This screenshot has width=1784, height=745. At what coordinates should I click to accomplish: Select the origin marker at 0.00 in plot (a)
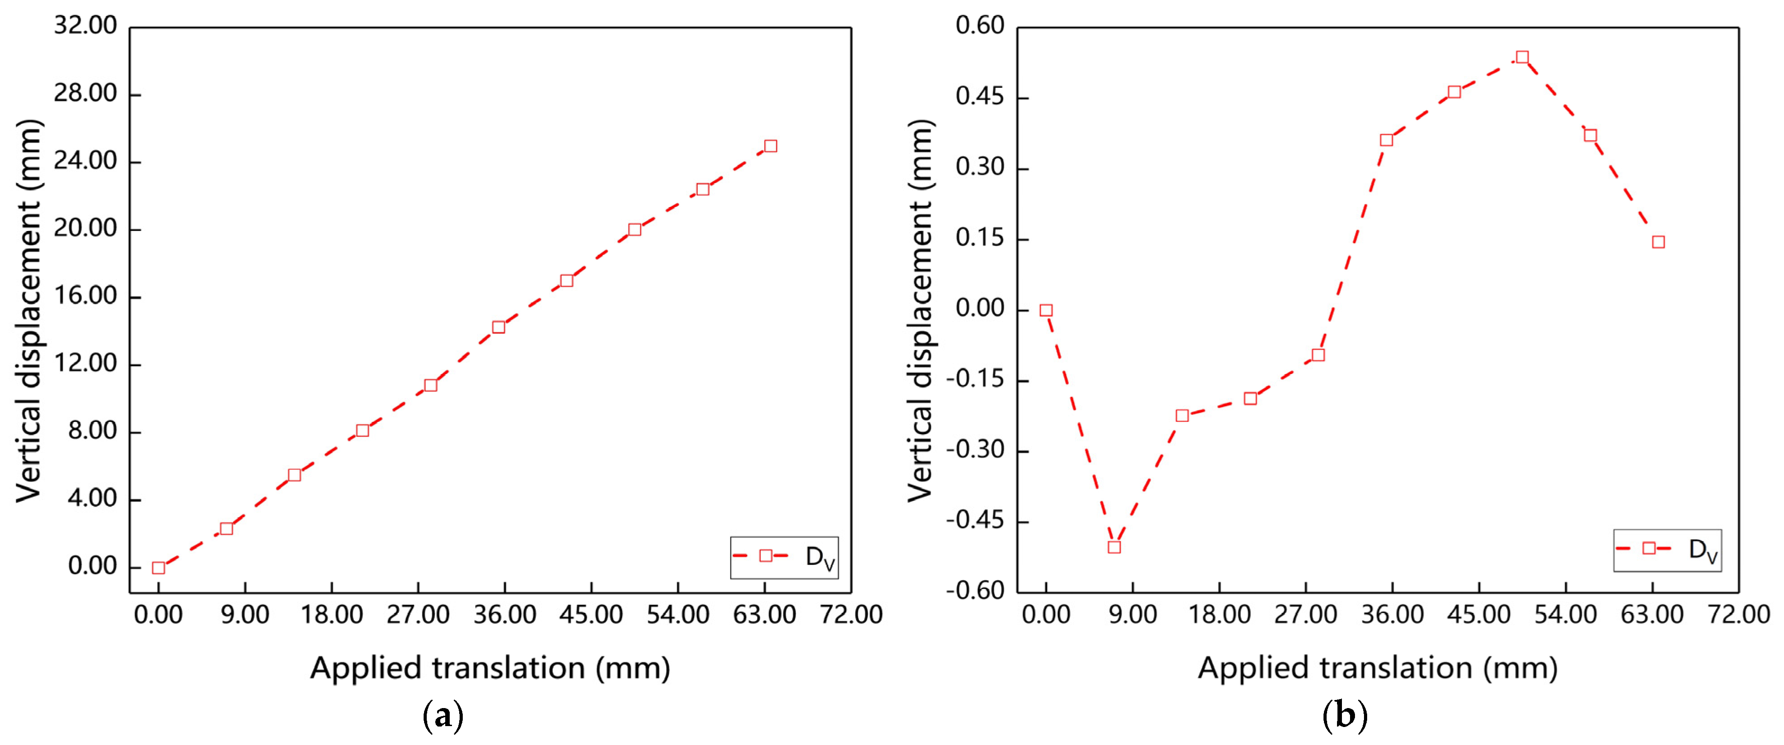point(158,568)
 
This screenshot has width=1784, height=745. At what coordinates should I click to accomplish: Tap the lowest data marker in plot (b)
point(1114,547)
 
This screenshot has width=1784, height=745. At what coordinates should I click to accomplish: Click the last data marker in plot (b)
point(1658,242)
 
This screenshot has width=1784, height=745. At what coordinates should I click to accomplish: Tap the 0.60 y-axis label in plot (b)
point(979,26)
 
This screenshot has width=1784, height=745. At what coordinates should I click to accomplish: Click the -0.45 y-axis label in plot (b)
point(975,520)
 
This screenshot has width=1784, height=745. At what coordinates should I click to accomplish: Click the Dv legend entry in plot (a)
point(785,556)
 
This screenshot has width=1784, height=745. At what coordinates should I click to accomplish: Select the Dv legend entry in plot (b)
point(1668,550)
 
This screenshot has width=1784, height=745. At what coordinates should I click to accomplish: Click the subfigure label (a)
point(443,715)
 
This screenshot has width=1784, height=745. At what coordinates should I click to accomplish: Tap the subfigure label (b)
point(1344,715)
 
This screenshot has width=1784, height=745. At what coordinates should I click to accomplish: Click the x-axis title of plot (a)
point(490,668)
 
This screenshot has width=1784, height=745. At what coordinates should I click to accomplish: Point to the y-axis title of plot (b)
point(920,310)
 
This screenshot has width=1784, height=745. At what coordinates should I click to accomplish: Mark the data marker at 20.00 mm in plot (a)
point(634,229)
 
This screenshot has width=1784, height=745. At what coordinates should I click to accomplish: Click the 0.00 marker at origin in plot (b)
point(1046,310)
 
